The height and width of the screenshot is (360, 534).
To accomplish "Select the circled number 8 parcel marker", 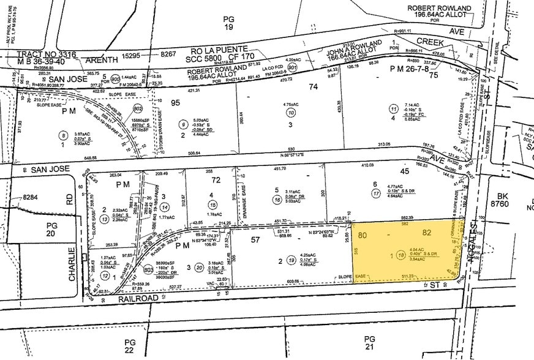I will point(63,135).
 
